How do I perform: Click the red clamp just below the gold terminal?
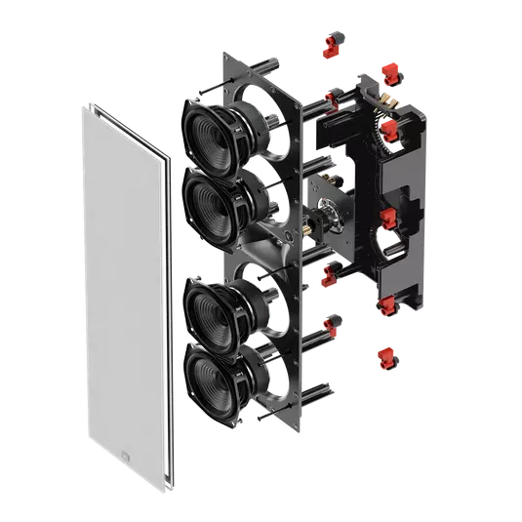390,130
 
